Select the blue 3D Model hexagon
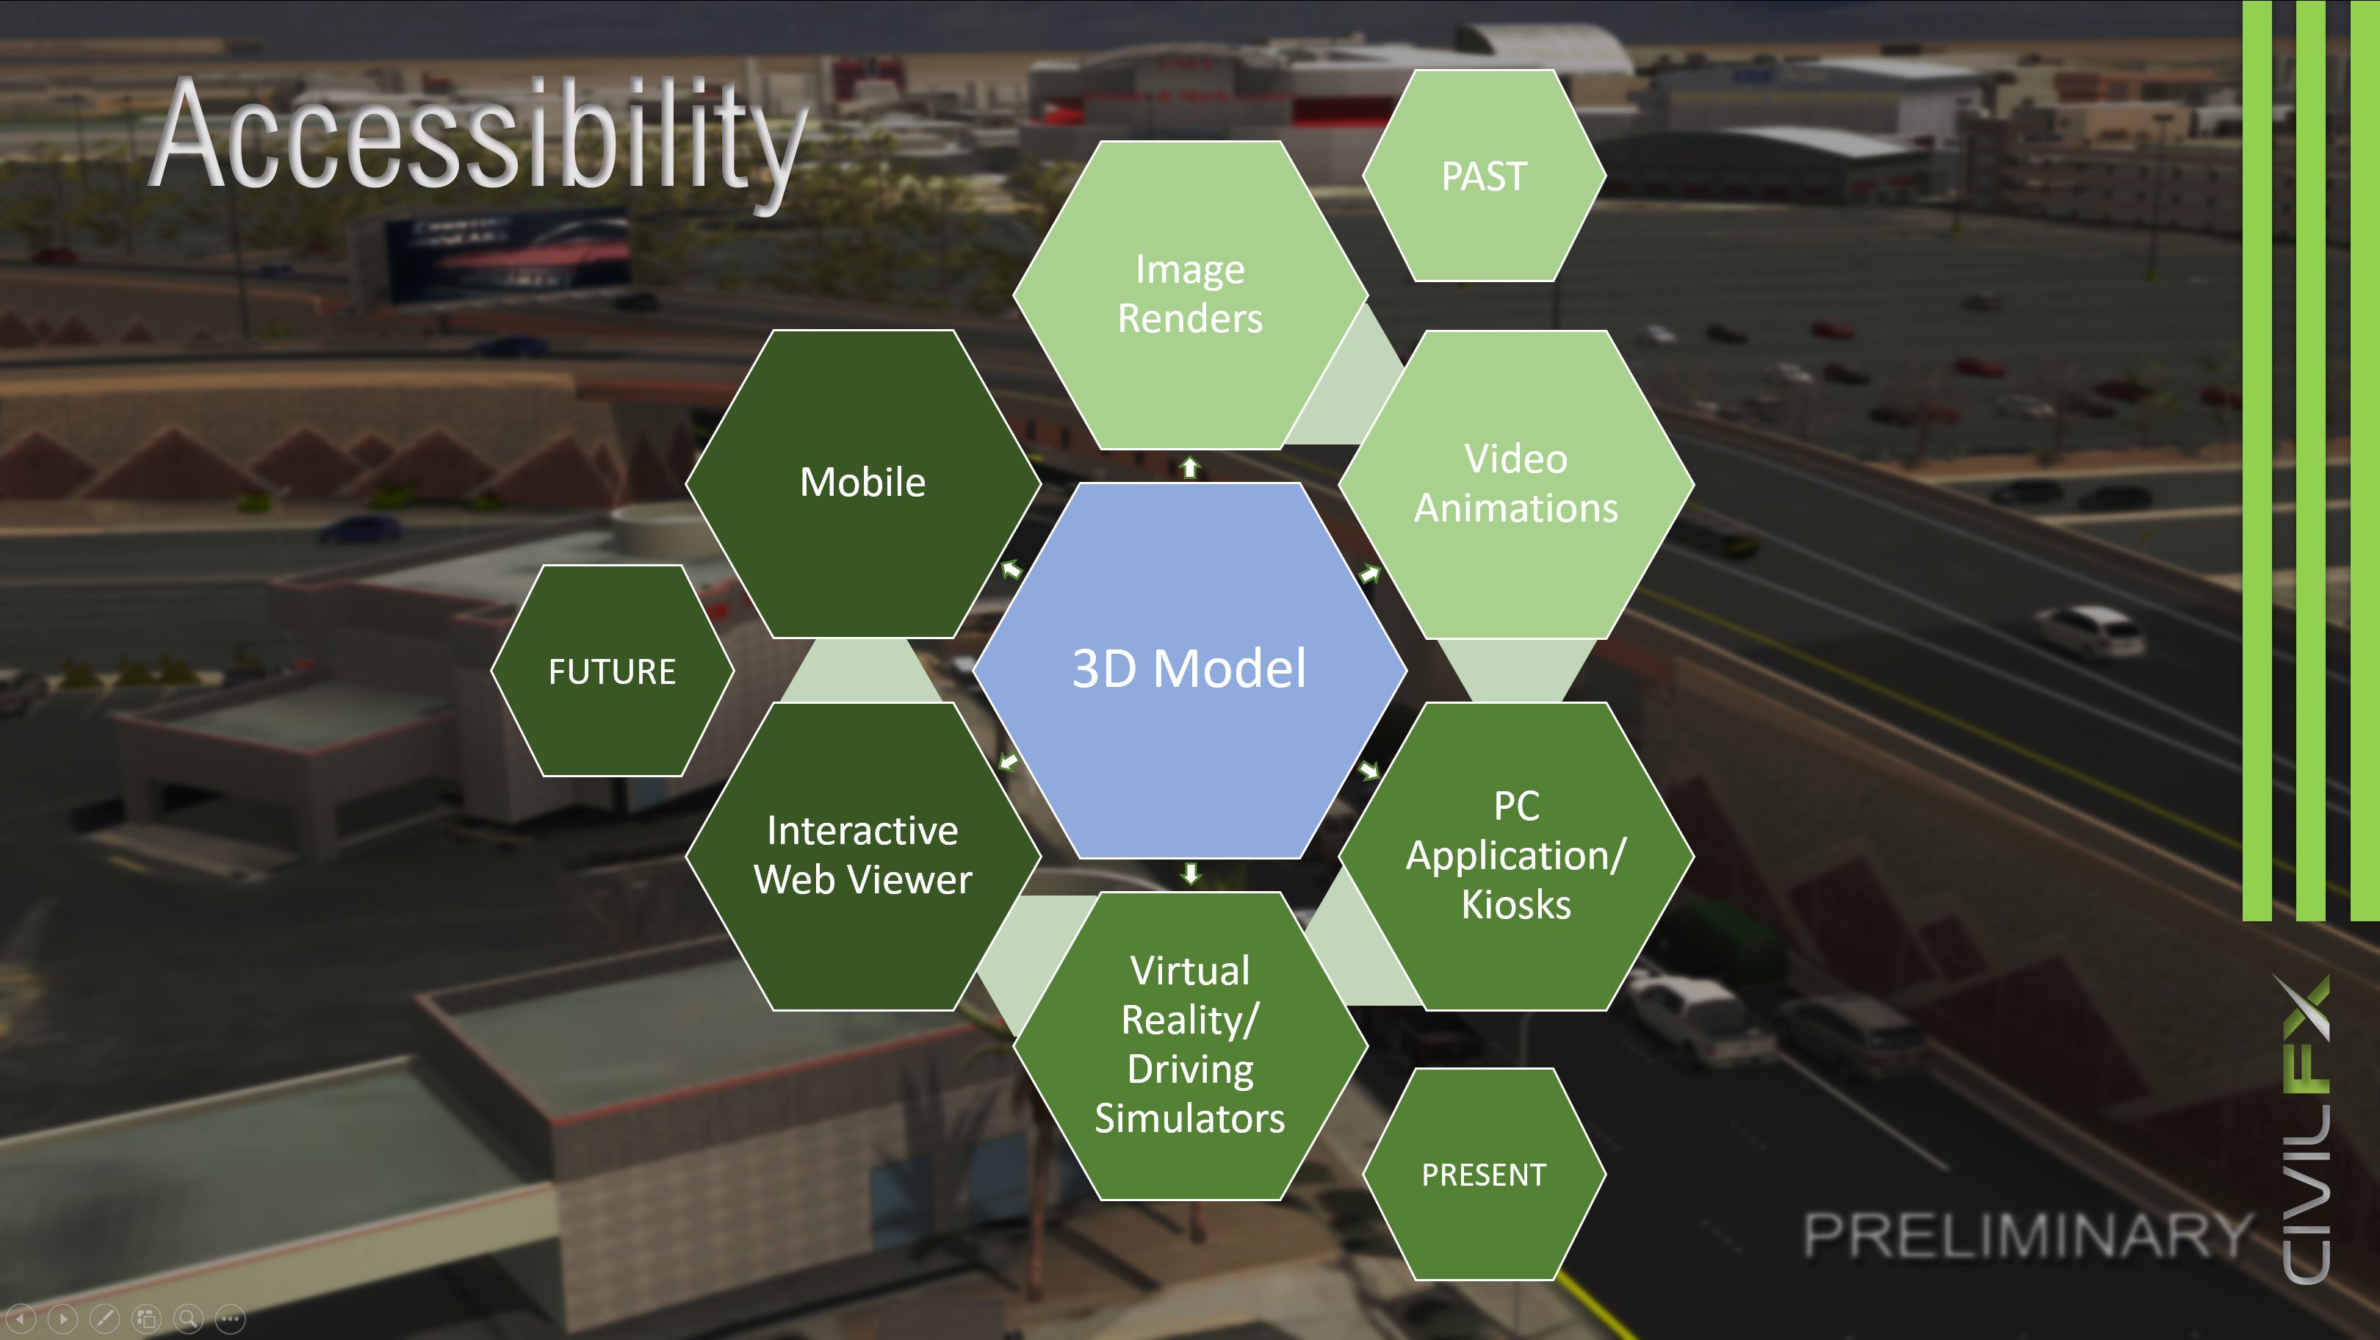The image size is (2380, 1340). [1190, 670]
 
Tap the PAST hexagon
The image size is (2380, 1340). [1484, 176]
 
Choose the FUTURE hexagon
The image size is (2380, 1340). [612, 671]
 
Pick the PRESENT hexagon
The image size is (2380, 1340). [1484, 1174]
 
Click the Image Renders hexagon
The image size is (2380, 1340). [1190, 295]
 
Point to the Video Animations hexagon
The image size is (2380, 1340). [1516, 483]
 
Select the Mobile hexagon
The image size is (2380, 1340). [863, 483]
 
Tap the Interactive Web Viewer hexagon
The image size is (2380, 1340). [863, 856]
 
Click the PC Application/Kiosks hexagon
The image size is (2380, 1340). [1516, 856]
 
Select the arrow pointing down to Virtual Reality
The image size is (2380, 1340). [1190, 873]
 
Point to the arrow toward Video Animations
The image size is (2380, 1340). [1369, 574]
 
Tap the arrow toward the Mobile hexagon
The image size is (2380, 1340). [1012, 569]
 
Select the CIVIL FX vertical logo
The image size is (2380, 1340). [2305, 1129]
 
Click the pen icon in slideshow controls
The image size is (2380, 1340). [104, 1318]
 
